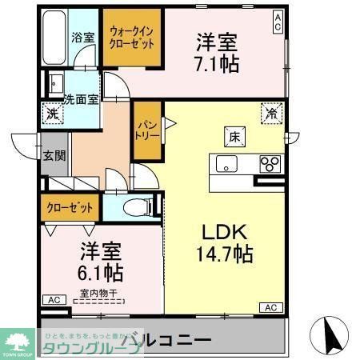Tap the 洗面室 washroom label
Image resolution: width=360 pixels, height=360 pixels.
point(82,100)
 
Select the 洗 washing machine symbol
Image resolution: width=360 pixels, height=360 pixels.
point(52,114)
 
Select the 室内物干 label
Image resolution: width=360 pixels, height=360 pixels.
point(97,294)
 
